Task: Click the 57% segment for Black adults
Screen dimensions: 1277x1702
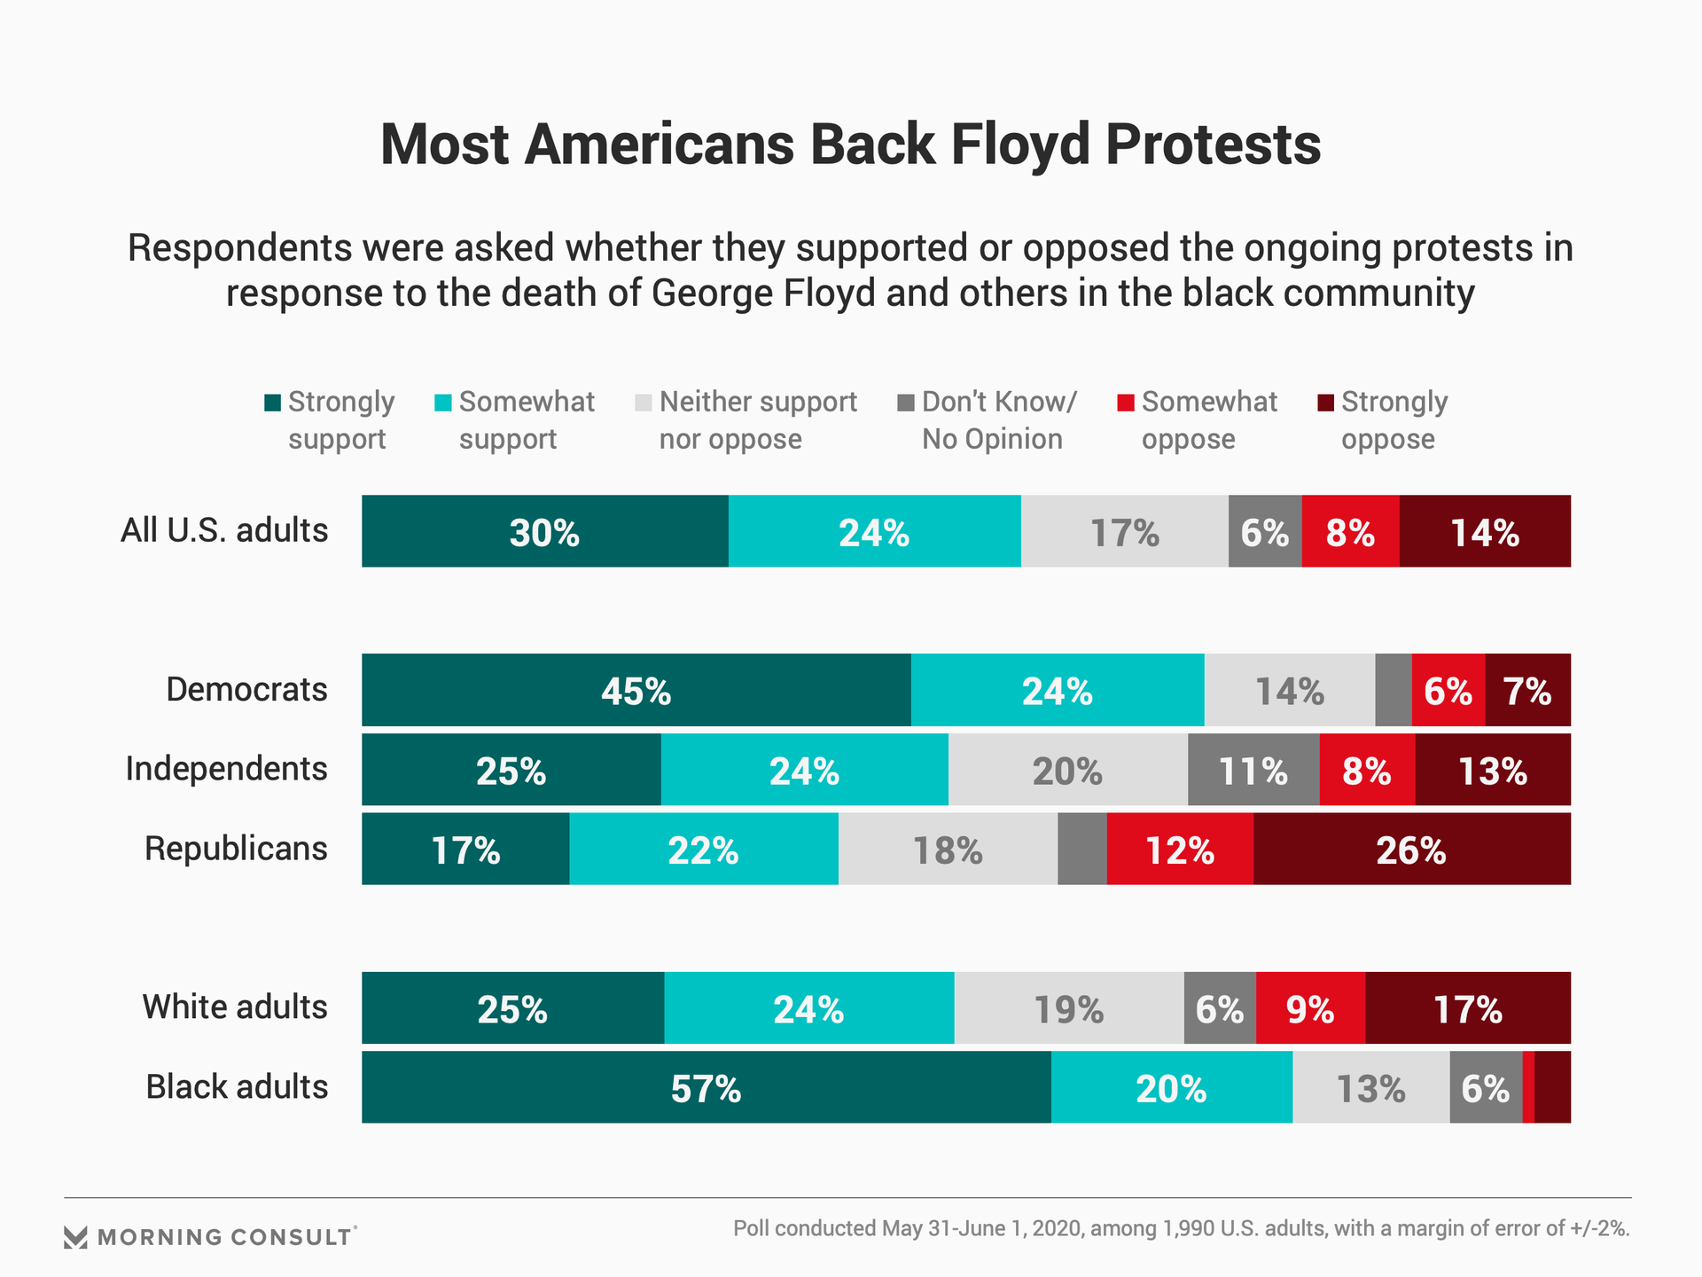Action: pyautogui.click(x=707, y=1087)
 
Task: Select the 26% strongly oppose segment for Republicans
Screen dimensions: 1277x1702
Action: pyautogui.click(x=1411, y=849)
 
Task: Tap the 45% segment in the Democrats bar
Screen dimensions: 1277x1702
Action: pyautogui.click(x=636, y=690)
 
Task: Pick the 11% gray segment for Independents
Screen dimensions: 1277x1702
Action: pyautogui.click(x=1253, y=770)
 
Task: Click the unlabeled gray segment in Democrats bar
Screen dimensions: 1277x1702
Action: pyautogui.click(x=1393, y=690)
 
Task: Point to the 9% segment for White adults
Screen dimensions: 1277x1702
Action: pyautogui.click(x=1310, y=1008)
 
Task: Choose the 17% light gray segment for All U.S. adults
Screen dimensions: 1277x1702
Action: pyautogui.click(x=1124, y=531)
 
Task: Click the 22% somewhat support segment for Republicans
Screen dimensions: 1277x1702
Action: pyautogui.click(x=703, y=849)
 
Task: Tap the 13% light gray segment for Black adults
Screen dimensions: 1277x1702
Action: pyautogui.click(x=1370, y=1087)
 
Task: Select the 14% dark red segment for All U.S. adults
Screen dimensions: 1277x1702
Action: pyautogui.click(x=1485, y=531)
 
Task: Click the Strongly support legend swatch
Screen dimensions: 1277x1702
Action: pyautogui.click(x=273, y=403)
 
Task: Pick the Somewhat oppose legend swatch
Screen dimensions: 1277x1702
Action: pyautogui.click(x=1126, y=403)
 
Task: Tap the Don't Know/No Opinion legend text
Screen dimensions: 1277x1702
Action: pyautogui.click(x=998, y=420)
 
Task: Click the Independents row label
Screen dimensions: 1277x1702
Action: pyautogui.click(x=226, y=769)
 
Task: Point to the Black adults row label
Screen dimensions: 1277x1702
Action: pyautogui.click(x=237, y=1086)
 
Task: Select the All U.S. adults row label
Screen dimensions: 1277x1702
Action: pyautogui.click(x=224, y=530)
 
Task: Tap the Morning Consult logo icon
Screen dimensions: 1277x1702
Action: pyautogui.click(x=76, y=1237)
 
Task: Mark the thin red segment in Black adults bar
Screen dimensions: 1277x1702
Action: pyautogui.click(x=1528, y=1087)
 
